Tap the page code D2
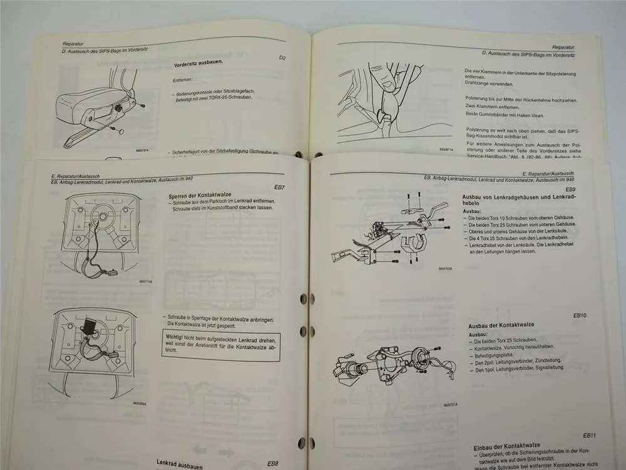click(x=282, y=58)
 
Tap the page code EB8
click(x=273, y=464)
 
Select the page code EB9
click(x=570, y=189)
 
